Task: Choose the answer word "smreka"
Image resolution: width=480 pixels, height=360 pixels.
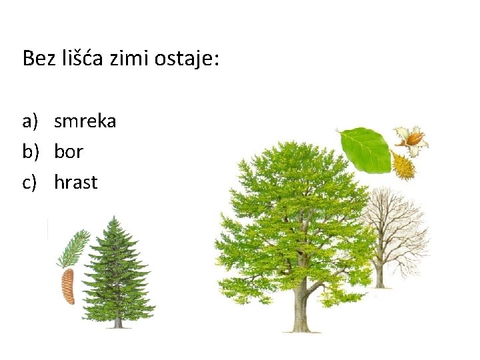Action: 85,121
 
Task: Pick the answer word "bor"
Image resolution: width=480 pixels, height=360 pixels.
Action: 69,151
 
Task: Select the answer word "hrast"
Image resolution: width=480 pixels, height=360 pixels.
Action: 76,181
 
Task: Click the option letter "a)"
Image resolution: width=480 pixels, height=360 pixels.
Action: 32,121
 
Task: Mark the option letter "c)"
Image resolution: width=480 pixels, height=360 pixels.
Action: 31,181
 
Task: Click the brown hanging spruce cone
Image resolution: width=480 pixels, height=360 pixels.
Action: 68,286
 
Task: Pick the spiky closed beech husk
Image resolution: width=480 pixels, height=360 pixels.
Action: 403,166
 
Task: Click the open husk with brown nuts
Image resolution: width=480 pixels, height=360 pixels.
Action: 411,139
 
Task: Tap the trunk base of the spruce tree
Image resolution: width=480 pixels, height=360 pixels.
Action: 118,323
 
